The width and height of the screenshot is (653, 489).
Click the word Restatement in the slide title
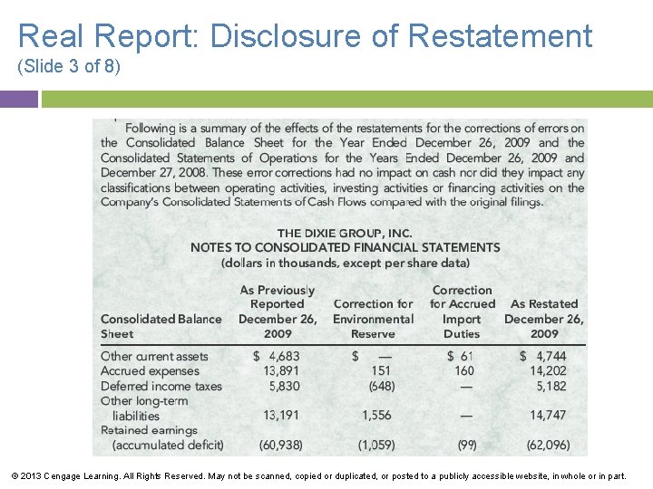point(500,36)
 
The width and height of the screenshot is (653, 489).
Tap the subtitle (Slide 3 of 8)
point(68,68)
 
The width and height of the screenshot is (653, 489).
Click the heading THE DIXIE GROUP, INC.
point(345,233)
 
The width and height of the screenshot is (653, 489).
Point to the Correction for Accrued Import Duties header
point(463,312)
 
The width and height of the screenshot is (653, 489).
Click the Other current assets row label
point(154,357)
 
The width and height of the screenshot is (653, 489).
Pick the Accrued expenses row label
point(150,371)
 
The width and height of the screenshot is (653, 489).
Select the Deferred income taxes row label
point(161,386)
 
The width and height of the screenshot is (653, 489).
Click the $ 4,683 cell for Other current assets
point(277,357)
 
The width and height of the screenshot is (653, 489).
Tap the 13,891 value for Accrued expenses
point(281,371)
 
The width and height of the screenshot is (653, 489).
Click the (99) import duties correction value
point(467,445)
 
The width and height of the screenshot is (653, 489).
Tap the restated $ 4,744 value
point(544,357)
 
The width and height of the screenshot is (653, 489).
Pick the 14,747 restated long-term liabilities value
point(548,416)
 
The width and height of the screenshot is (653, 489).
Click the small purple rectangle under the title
point(19,99)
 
